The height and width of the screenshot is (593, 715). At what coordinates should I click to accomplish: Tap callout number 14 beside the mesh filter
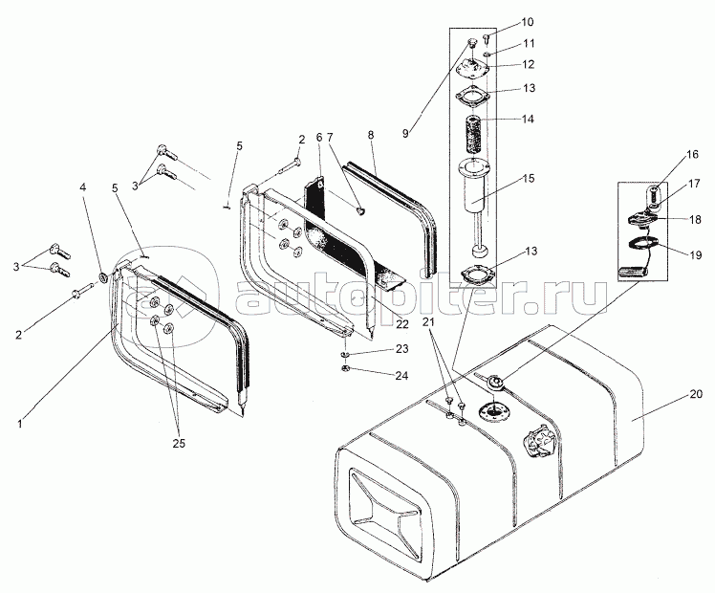click(528, 119)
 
